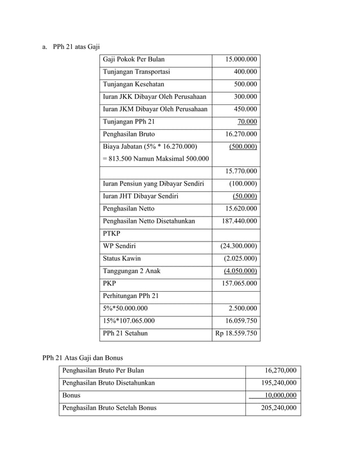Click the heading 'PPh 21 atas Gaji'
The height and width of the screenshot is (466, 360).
click(76, 46)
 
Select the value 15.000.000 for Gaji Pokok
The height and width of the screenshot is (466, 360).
click(241, 59)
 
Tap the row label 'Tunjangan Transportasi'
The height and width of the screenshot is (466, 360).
click(136, 72)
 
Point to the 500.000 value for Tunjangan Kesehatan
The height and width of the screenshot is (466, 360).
click(245, 84)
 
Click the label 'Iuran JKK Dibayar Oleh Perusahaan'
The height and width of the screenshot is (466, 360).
click(155, 96)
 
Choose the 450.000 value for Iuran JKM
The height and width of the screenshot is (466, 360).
click(245, 109)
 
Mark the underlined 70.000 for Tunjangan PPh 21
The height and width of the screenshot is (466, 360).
click(247, 121)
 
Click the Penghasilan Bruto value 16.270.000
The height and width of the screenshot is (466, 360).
click(241, 134)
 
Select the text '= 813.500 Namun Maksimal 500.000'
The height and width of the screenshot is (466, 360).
click(155, 159)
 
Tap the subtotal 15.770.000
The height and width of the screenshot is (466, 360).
click(241, 171)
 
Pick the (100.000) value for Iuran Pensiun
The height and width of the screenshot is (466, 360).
click(243, 183)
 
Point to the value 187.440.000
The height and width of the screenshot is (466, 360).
click(239, 221)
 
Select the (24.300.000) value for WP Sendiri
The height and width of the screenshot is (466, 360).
click(239, 246)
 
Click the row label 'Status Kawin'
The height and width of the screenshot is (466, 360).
click(121, 258)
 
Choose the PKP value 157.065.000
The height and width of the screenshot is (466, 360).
click(239, 283)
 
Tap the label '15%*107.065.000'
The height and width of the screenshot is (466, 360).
click(129, 320)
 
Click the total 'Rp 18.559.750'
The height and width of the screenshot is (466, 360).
click(236, 333)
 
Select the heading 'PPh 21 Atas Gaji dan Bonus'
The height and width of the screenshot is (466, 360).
click(82, 357)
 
